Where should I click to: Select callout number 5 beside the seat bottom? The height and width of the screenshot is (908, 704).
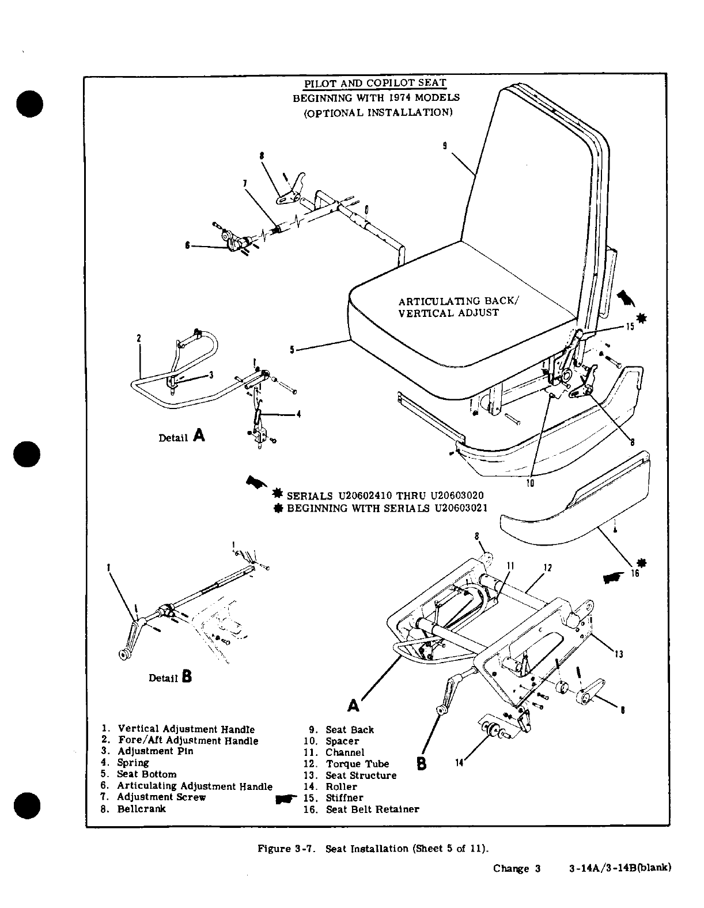pyautogui.click(x=293, y=349)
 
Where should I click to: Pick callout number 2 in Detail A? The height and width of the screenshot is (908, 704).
pyautogui.click(x=139, y=338)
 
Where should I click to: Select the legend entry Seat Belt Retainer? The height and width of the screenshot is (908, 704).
pyautogui.click(x=372, y=809)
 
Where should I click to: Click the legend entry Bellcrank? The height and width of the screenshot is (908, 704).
pyautogui.click(x=141, y=809)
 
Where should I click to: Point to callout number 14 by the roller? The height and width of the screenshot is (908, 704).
pyautogui.click(x=459, y=763)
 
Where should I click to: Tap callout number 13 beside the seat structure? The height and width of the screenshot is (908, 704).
pyautogui.click(x=619, y=654)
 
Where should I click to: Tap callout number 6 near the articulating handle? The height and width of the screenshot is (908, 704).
pyautogui.click(x=187, y=245)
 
